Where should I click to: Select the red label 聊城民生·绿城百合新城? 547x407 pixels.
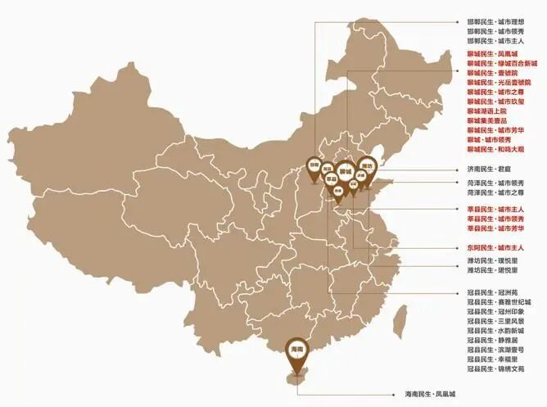pos(500,63)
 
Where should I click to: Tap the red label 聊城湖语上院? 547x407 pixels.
pos(487,111)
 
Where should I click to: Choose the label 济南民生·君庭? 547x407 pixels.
pos(488,170)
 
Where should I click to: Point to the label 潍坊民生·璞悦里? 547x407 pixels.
pos(492,260)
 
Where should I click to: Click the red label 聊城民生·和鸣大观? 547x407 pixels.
pos(496,150)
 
